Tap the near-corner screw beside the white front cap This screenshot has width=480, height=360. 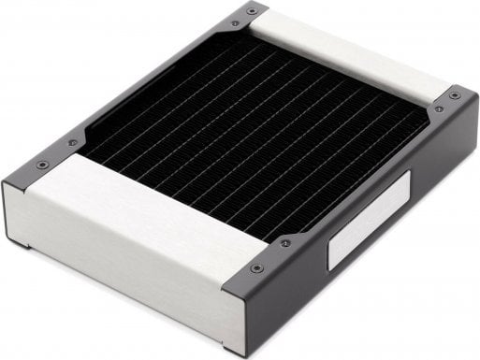[x=257, y=268]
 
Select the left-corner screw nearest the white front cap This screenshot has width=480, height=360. [x=42, y=166]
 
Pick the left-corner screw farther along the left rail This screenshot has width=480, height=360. [x=72, y=143]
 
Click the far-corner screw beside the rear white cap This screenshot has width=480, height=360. [x=251, y=10]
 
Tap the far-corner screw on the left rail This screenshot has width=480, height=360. [x=234, y=23]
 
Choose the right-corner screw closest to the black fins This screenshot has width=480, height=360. [x=438, y=109]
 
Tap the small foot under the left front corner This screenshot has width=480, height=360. [x=21, y=245]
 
